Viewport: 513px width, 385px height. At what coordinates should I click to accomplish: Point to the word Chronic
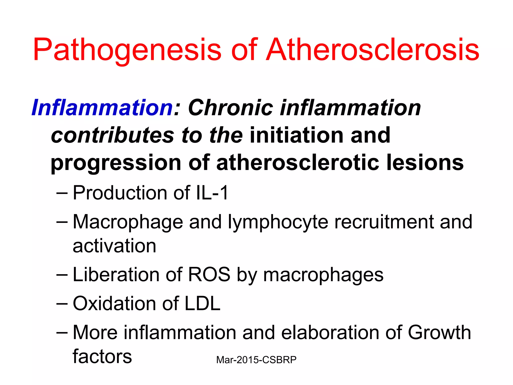[x=230, y=108]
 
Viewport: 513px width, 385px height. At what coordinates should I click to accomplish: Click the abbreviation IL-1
[x=212, y=193]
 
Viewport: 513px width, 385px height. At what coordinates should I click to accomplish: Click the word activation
[x=114, y=246]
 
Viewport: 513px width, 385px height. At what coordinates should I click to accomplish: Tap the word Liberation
[x=115, y=275]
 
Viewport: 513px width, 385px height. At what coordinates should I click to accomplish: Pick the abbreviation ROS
[x=209, y=275]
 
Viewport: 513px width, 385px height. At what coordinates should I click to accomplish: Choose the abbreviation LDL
[x=202, y=304]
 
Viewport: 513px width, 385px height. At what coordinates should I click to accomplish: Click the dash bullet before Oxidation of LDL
[x=62, y=304]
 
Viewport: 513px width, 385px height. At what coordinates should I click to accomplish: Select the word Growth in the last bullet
[x=439, y=333]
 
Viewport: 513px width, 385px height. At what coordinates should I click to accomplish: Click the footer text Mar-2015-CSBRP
[x=256, y=360]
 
